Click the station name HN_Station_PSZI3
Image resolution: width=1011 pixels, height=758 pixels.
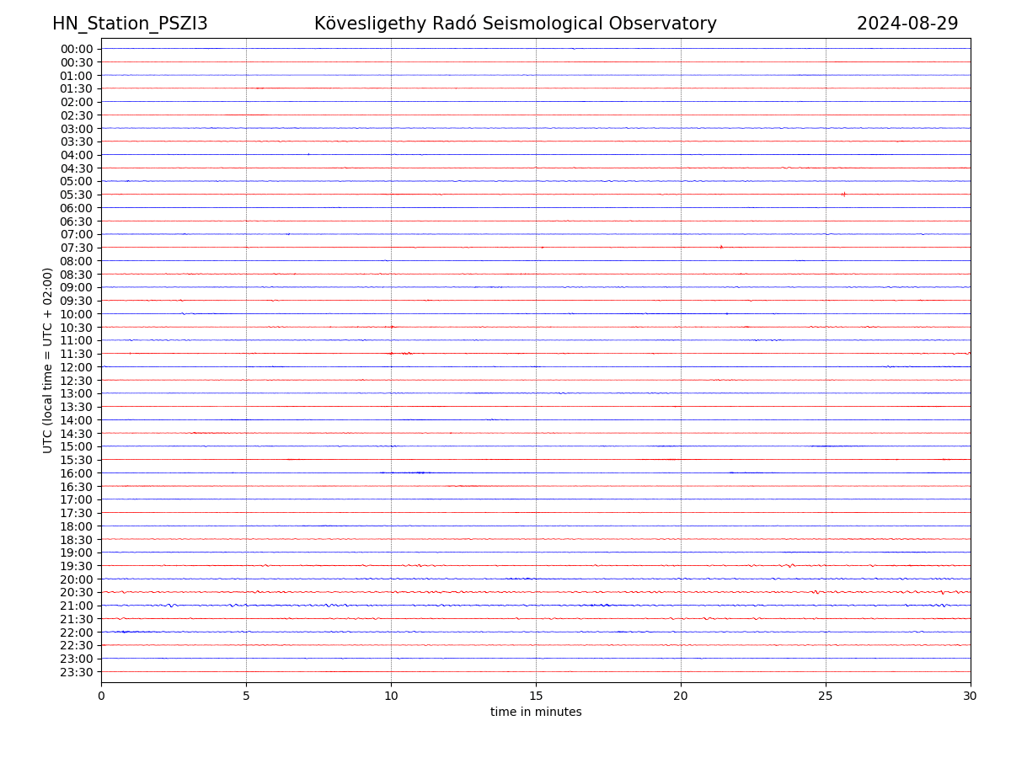pos(130,24)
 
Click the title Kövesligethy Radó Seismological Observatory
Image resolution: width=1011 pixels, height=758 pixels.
pos(515,24)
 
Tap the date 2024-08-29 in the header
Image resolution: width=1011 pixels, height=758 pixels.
pos(907,24)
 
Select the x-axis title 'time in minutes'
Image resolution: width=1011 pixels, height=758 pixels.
pos(536,713)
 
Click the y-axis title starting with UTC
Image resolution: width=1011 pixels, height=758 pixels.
pos(48,360)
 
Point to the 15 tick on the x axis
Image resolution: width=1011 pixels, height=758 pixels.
pos(536,696)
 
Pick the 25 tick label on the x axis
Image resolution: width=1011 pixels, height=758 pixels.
pos(826,696)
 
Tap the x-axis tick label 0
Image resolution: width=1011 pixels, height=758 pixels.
pos(101,696)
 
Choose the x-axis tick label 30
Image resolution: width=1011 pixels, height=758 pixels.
pos(971,696)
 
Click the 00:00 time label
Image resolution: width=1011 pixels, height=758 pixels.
pos(77,49)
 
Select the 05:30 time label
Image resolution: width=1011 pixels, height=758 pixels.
pos(77,195)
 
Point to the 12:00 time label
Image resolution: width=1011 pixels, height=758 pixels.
pos(77,367)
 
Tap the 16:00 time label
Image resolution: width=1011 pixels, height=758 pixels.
pos(77,473)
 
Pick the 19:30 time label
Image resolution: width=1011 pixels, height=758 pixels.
pos(77,566)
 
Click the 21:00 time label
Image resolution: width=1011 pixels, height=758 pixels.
pos(77,606)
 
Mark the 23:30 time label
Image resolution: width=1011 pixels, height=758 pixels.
pos(77,672)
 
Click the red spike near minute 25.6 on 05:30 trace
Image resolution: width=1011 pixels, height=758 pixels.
pos(843,194)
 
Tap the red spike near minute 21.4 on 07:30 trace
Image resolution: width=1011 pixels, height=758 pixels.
pos(721,247)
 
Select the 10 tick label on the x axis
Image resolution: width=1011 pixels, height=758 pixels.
pos(391,696)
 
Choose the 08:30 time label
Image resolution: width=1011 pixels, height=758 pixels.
pos(77,275)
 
